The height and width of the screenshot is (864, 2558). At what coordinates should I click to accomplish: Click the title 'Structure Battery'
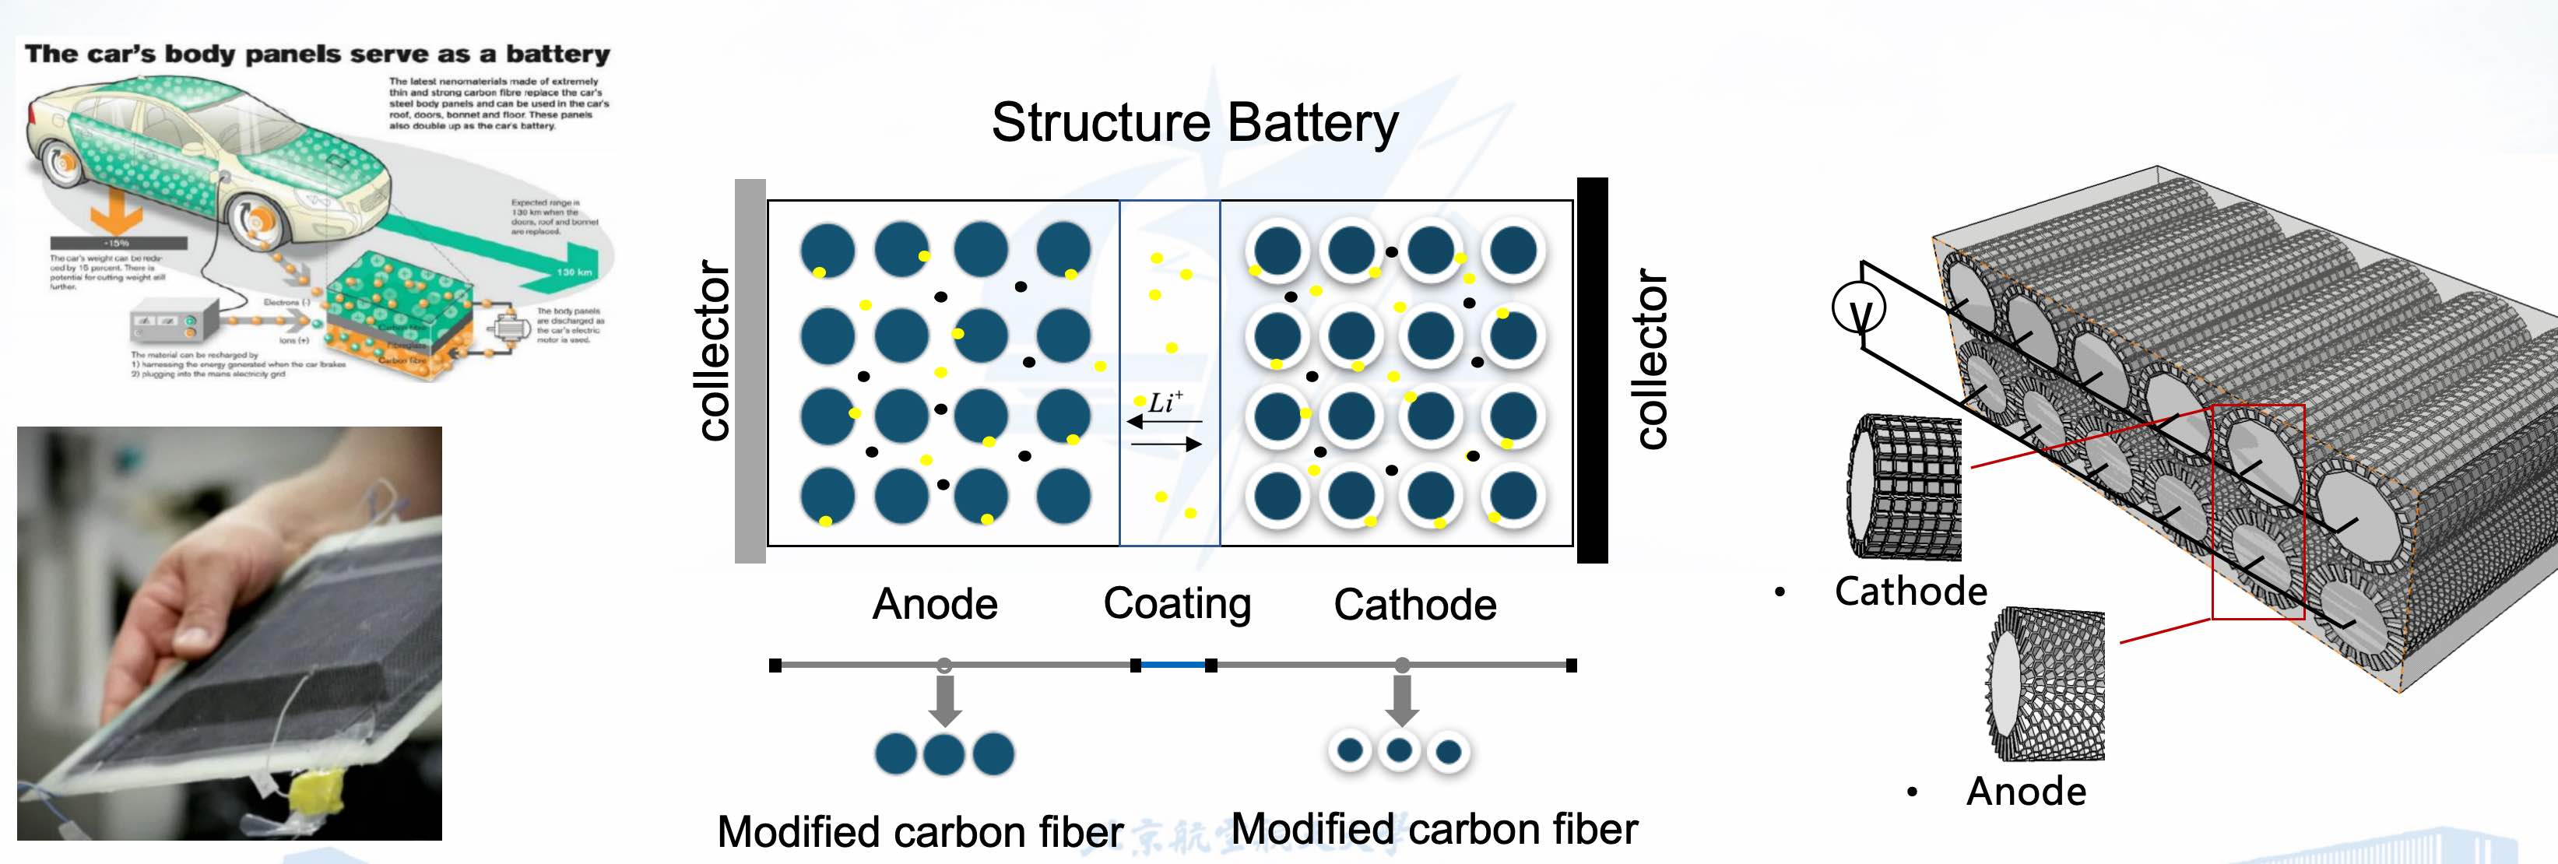[1195, 122]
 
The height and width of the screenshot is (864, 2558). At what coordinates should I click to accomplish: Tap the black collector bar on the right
[1592, 371]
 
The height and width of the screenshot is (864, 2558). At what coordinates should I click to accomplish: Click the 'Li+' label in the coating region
[1165, 402]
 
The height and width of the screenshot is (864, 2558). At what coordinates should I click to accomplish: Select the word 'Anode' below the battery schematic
[934, 604]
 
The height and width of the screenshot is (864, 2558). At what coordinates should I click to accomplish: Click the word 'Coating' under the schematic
[1177, 604]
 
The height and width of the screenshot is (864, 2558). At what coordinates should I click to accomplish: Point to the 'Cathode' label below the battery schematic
[1414, 605]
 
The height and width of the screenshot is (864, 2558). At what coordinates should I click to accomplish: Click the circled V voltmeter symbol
[1858, 310]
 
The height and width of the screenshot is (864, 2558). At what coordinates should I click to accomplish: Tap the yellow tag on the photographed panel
[316, 792]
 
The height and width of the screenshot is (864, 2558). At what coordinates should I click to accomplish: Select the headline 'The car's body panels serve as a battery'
[317, 54]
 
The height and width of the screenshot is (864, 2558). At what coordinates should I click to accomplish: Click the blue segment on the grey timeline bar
[1173, 665]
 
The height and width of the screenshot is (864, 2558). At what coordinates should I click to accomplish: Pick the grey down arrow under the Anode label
[944, 700]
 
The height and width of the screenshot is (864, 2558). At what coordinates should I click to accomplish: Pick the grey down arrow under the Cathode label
[1401, 700]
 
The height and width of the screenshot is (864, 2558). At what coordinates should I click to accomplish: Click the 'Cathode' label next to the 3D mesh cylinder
[1910, 591]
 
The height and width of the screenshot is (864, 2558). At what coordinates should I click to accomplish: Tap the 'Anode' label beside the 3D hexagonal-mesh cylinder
[2026, 792]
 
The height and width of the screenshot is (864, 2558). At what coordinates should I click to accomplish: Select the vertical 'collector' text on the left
[714, 350]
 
